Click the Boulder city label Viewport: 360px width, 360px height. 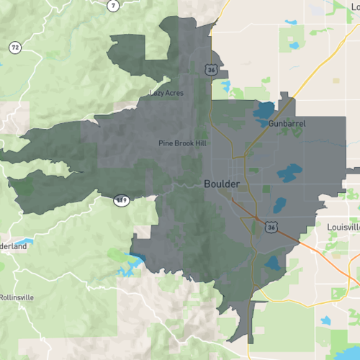point(222,184)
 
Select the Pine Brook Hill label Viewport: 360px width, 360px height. point(182,143)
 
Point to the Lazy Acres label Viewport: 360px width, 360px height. point(166,93)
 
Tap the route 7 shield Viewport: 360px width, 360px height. point(113,6)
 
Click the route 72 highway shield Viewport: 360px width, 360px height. point(14,48)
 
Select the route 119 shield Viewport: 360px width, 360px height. point(120,199)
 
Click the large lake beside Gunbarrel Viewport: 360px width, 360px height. point(264,111)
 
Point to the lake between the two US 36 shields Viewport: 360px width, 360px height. point(279,204)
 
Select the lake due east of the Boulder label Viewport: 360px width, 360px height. point(289,173)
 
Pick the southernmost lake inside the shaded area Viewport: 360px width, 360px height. point(273,264)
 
